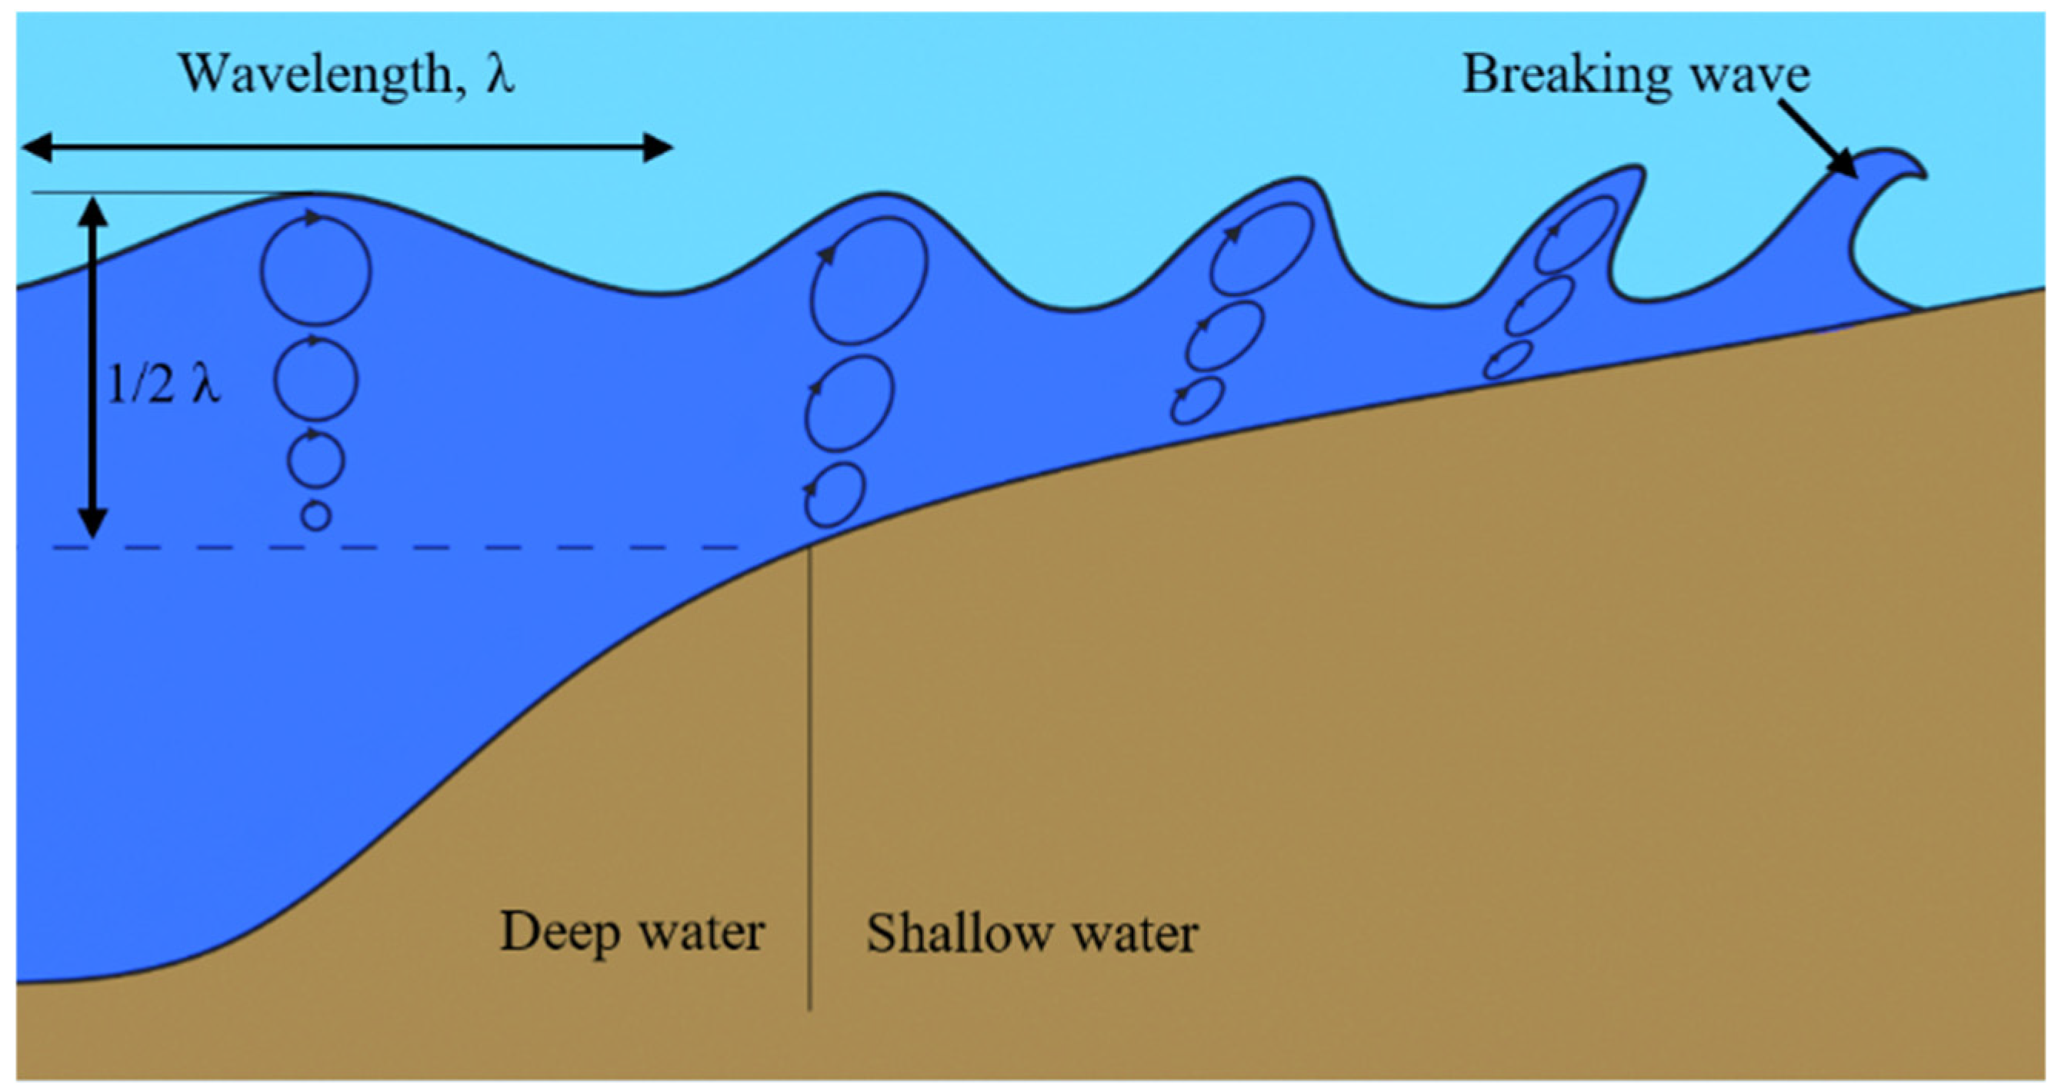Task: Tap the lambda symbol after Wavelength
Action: (x=499, y=75)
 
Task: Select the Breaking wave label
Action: (x=1636, y=75)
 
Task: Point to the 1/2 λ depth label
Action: (x=163, y=385)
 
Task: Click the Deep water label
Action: (x=632, y=933)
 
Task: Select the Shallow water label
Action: (x=1032, y=933)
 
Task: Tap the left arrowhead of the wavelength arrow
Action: (x=37, y=148)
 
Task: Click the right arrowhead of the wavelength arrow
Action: (x=658, y=148)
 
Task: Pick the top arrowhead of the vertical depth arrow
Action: (x=95, y=210)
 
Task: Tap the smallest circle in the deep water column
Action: (x=316, y=516)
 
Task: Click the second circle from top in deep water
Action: (x=316, y=380)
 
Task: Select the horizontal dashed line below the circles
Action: (x=400, y=548)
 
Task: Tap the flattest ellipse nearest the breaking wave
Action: (x=1507, y=360)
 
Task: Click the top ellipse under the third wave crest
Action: (x=1261, y=248)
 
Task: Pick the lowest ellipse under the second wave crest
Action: (x=834, y=494)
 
